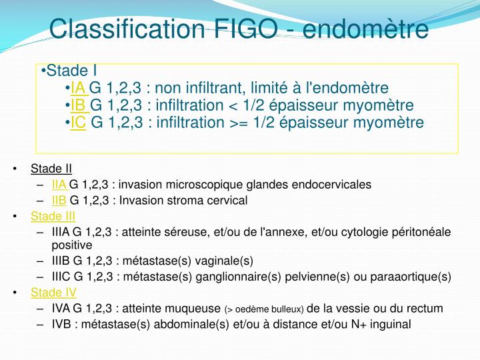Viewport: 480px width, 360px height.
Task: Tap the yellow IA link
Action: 78,88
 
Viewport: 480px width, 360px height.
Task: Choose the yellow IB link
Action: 79,105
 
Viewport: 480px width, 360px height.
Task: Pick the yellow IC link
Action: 79,123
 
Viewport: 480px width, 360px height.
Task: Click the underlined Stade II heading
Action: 51,168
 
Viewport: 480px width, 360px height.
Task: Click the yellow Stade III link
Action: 53,216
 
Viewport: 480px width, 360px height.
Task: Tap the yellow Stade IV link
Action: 53,292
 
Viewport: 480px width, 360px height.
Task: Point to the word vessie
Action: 354,309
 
